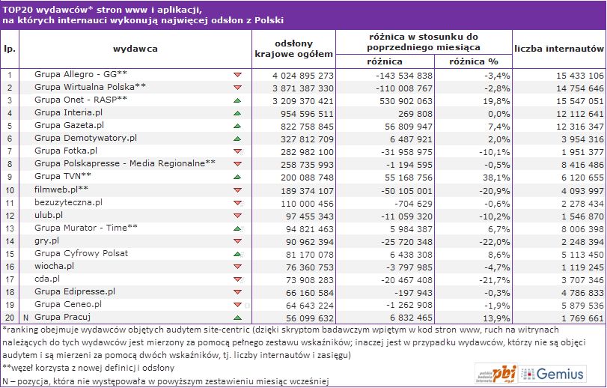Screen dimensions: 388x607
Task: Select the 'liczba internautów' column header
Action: [x=559, y=48]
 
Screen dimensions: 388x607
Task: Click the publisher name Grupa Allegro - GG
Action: [x=81, y=76]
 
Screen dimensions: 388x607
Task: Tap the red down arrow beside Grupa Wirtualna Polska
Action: [x=237, y=88]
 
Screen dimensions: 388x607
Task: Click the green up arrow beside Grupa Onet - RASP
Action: [x=237, y=100]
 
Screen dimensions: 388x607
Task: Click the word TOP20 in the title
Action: [x=16, y=7]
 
